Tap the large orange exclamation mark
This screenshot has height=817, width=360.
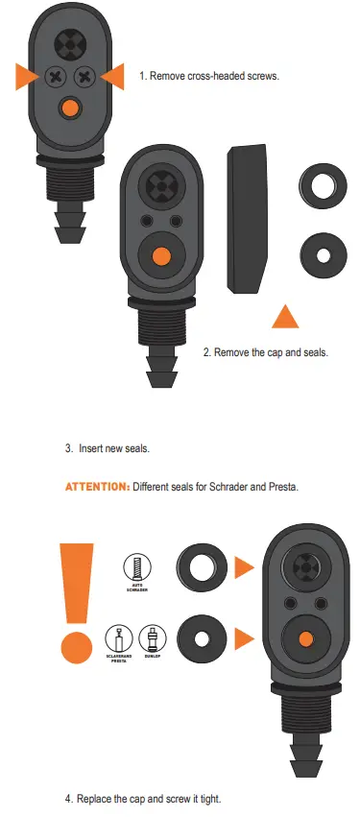click(x=76, y=600)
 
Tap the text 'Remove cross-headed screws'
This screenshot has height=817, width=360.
click(x=208, y=75)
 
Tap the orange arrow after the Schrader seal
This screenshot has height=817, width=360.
click(x=244, y=568)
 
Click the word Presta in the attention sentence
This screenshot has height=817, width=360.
click(x=281, y=487)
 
